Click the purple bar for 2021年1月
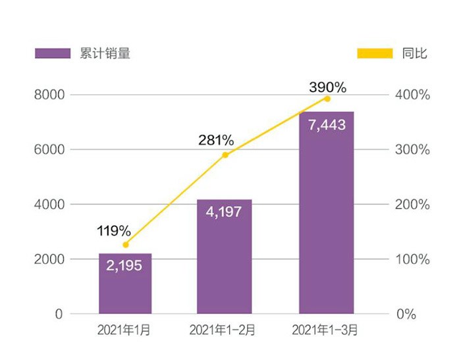click(x=125, y=290)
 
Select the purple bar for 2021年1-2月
click(x=225, y=263)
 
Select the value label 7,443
click(x=326, y=124)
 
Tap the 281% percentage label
click(x=217, y=140)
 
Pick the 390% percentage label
click(x=327, y=86)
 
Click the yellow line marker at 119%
click(x=125, y=245)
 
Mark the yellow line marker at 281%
click(x=225, y=155)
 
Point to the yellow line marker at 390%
click(x=327, y=99)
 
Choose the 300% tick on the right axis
click(x=414, y=150)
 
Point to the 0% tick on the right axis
click(x=406, y=315)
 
